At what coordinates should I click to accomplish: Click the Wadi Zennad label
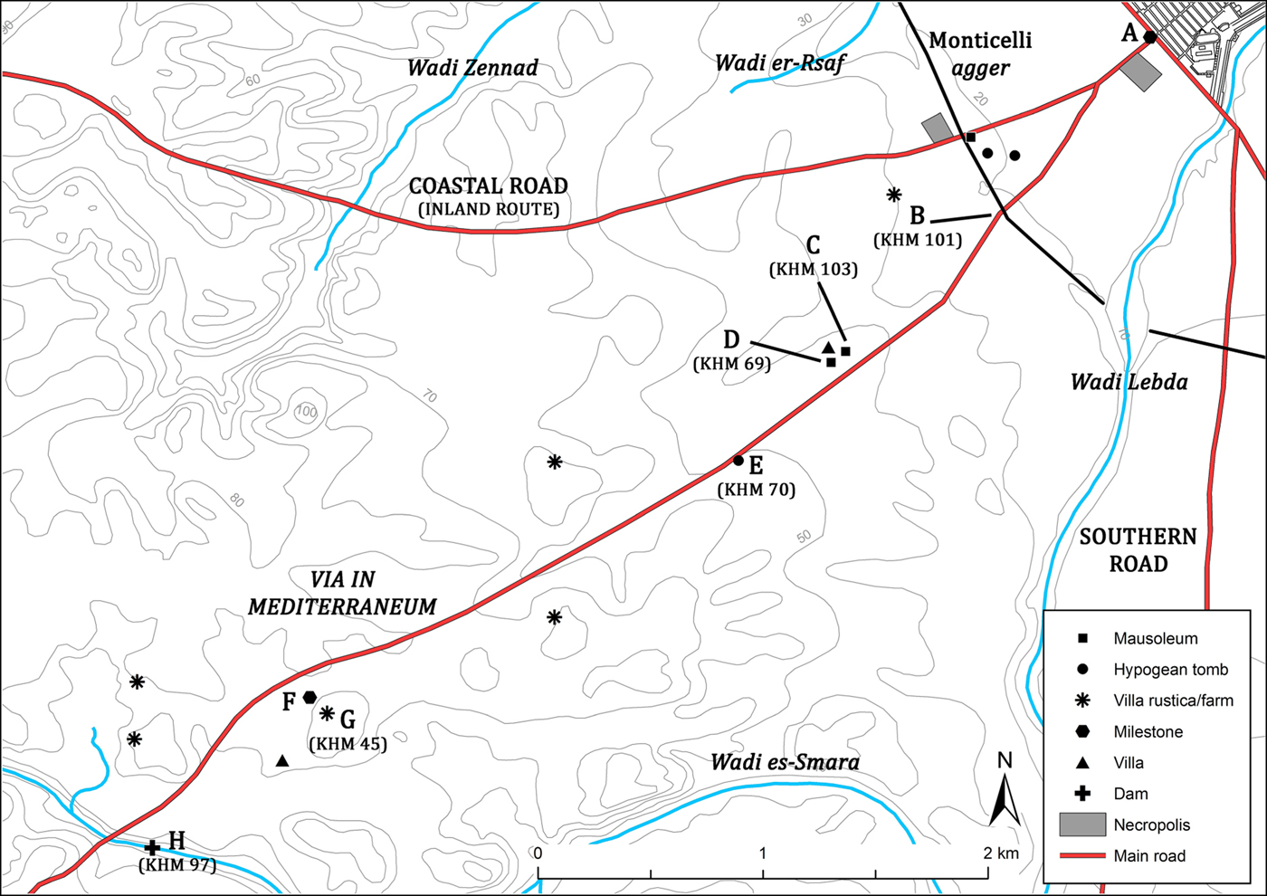pyautogui.click(x=472, y=68)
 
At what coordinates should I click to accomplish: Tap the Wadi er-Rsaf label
pyautogui.click(x=779, y=62)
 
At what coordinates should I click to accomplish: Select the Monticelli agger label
pyautogui.click(x=980, y=53)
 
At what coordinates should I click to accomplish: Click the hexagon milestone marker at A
pyautogui.click(x=1149, y=37)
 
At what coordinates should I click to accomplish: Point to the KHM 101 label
pyautogui.click(x=918, y=240)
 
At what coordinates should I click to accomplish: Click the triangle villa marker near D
pyautogui.click(x=828, y=348)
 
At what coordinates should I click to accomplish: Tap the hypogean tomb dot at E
pyautogui.click(x=738, y=461)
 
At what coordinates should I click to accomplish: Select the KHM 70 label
pyautogui.click(x=757, y=490)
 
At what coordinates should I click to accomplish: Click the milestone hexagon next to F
pyautogui.click(x=310, y=697)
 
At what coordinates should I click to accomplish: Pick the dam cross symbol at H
pyautogui.click(x=153, y=847)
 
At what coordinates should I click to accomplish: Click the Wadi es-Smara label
pyautogui.click(x=785, y=762)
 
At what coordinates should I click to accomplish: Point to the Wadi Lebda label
pyautogui.click(x=1129, y=381)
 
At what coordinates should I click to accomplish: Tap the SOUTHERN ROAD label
pyautogui.click(x=1138, y=550)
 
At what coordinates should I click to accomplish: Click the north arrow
pyautogui.click(x=1005, y=792)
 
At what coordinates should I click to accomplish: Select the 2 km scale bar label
pyautogui.click(x=1001, y=853)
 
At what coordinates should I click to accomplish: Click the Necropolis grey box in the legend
pyautogui.click(x=1082, y=825)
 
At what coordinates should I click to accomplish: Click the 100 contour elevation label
pyautogui.click(x=307, y=412)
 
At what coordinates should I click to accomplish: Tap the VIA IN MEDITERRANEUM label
pyautogui.click(x=342, y=594)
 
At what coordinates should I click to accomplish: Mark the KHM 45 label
pyautogui.click(x=348, y=744)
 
